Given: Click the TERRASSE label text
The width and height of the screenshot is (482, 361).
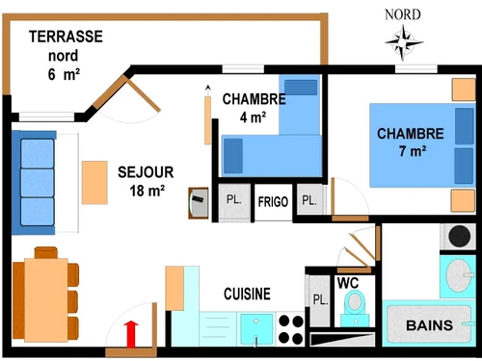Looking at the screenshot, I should pyautogui.click(x=67, y=37).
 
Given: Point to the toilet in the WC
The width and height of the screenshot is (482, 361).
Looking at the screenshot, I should pyautogui.click(x=356, y=305).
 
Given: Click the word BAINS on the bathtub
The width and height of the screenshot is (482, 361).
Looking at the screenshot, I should pyautogui.click(x=430, y=325).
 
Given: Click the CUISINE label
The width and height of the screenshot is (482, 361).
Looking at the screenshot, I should pyautogui.click(x=247, y=294).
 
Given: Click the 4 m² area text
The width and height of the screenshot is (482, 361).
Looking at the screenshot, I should pyautogui.click(x=253, y=118).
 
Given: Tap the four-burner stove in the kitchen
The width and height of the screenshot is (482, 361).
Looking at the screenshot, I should pyautogui.click(x=289, y=328).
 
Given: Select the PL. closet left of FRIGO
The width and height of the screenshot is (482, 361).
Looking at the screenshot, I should pyautogui.click(x=234, y=200).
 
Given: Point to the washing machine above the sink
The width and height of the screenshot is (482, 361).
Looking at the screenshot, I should pyautogui.click(x=457, y=236).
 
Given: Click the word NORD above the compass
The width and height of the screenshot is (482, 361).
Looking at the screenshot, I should pyautogui.click(x=403, y=13).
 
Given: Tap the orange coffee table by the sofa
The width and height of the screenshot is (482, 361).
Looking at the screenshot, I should pyautogui.click(x=94, y=182).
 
